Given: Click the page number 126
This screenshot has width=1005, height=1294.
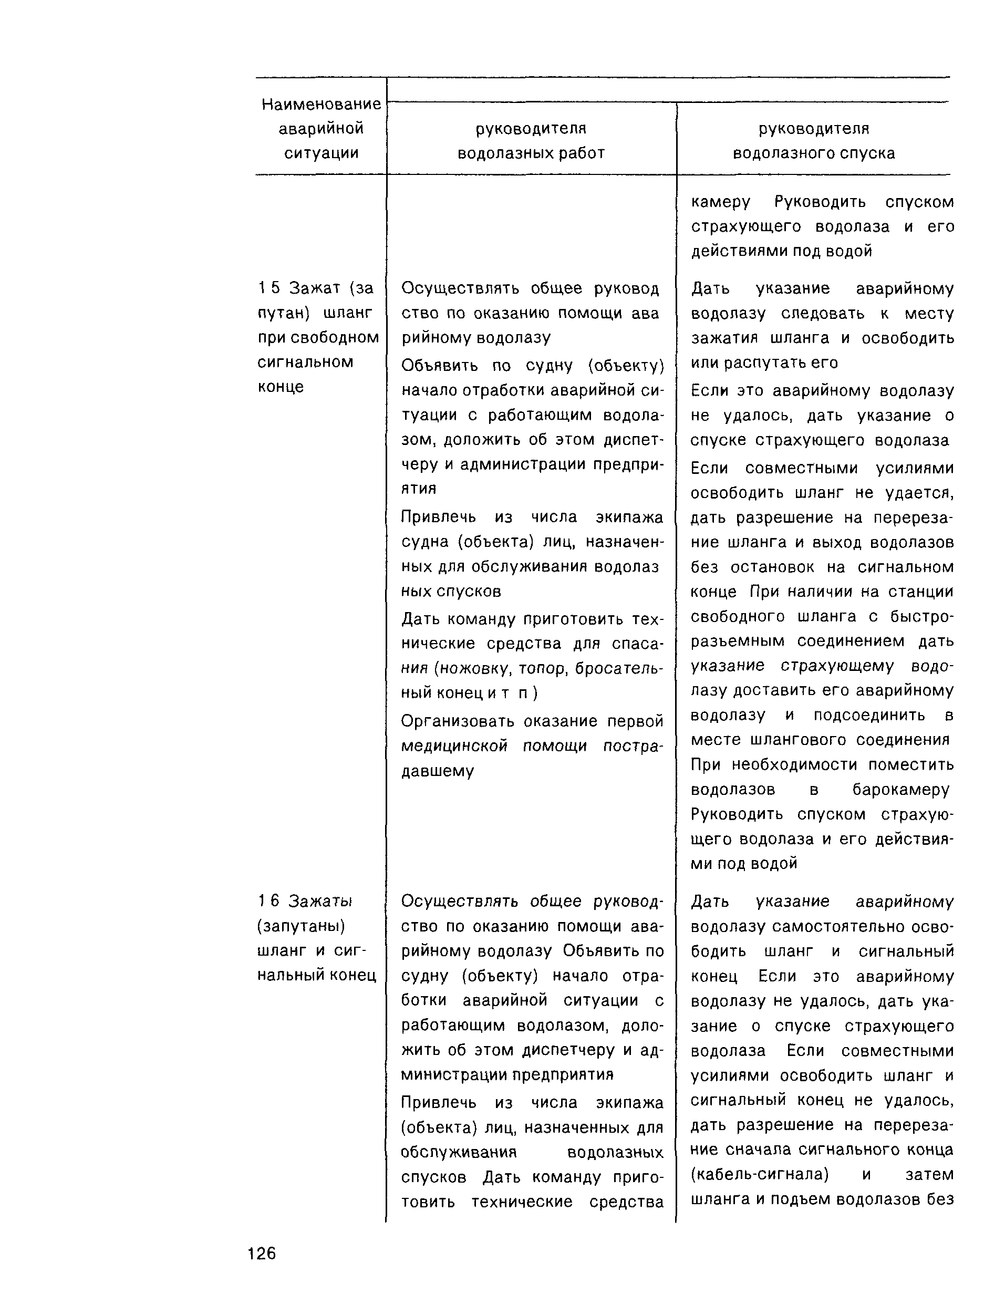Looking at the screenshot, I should [x=262, y=1253].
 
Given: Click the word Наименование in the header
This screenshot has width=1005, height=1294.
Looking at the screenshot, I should [x=321, y=104].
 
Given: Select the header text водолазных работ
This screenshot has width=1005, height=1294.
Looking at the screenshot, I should [x=531, y=153].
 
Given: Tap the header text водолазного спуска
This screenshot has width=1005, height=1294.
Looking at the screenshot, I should [x=814, y=153].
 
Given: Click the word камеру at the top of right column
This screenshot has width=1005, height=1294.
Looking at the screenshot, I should [x=720, y=203].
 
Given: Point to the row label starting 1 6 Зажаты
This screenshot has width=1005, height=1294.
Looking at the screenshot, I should [x=305, y=901].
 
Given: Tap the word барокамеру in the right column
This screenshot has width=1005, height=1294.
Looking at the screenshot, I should [x=900, y=790].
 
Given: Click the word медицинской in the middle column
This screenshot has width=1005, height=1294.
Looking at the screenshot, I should [x=454, y=746].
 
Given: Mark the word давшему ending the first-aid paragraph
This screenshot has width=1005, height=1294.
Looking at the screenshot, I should [x=437, y=771].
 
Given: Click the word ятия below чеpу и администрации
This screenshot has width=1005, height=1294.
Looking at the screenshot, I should [x=418, y=489].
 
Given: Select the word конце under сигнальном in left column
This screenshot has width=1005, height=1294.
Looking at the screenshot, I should [x=281, y=387].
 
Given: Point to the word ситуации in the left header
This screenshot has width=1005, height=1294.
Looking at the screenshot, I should [x=321, y=153].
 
